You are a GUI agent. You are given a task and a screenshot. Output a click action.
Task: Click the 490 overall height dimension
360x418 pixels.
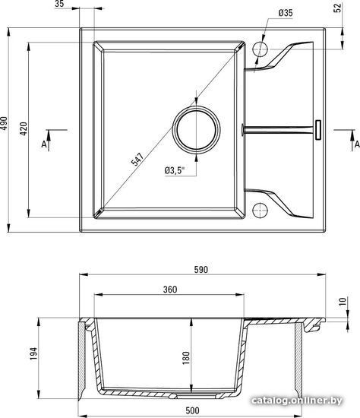click(x=4, y=123)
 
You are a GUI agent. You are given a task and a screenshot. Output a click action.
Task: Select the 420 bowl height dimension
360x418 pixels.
click(x=24, y=128)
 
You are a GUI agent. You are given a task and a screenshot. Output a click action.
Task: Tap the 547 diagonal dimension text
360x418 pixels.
click(x=137, y=159)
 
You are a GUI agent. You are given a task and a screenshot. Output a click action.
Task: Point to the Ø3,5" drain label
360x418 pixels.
click(x=175, y=170)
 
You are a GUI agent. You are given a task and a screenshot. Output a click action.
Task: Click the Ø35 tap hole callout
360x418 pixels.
click(x=286, y=13)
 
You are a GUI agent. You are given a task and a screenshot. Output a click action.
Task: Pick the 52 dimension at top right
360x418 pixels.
click(x=338, y=8)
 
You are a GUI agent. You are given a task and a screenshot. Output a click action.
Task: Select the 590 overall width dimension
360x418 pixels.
click(x=201, y=270)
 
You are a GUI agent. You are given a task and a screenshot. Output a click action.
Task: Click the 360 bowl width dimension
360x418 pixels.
click(x=170, y=290)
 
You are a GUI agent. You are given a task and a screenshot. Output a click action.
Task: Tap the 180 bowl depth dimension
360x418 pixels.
click(x=186, y=358)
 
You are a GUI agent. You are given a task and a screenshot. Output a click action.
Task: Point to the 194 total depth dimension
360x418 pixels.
click(x=33, y=353)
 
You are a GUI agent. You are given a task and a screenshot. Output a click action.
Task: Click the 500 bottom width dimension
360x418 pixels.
click(x=192, y=410)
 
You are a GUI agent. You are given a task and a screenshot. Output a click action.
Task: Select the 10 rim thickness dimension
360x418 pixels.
click(x=343, y=301)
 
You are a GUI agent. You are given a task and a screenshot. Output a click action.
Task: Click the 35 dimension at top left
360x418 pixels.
click(x=59, y=4)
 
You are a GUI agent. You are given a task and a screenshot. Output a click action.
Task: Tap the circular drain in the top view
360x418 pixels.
click(x=197, y=130)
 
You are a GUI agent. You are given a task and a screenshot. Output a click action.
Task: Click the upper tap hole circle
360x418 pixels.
click(x=260, y=49)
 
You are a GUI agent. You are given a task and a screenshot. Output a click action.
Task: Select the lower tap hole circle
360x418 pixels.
click(x=260, y=211)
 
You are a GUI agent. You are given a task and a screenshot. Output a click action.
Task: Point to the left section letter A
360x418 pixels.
click(x=44, y=144)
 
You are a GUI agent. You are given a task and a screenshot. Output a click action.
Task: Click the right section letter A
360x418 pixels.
click(x=357, y=144)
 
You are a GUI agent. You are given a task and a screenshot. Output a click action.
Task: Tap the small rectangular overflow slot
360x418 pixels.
click(x=318, y=130)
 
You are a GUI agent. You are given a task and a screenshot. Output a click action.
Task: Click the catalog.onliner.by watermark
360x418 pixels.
click(x=297, y=401)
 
